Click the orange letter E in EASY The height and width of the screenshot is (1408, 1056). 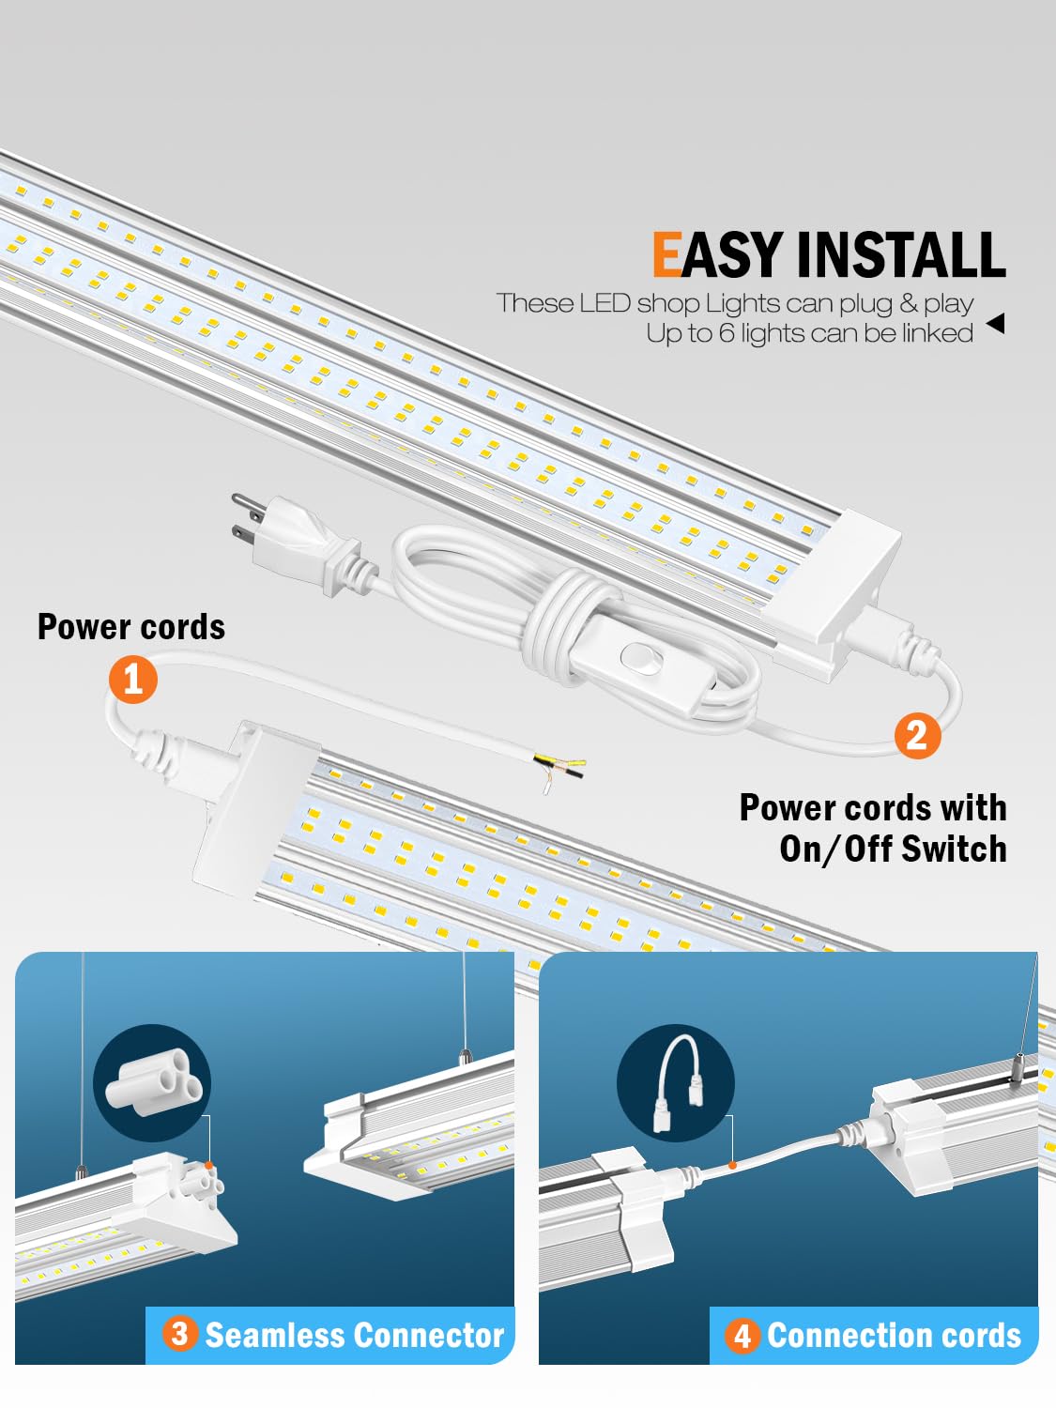click(x=666, y=255)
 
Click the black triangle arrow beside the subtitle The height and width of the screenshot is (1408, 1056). click(x=996, y=324)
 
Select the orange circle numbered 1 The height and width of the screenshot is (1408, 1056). click(x=132, y=679)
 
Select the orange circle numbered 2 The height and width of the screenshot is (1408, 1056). click(x=917, y=734)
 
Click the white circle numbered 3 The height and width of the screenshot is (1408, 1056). click(x=179, y=1333)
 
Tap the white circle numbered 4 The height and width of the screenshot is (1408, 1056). click(x=742, y=1335)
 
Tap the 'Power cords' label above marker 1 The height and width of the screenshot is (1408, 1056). click(x=131, y=627)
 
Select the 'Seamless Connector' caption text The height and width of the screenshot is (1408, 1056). click(x=354, y=1335)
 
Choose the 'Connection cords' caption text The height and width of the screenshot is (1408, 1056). click(x=894, y=1335)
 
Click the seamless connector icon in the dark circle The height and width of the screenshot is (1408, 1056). click(x=152, y=1082)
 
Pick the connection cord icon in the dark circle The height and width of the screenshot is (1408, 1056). click(x=676, y=1083)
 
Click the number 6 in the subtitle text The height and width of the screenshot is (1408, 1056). click(x=727, y=333)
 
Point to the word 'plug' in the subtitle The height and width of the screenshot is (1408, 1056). click(x=867, y=303)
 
